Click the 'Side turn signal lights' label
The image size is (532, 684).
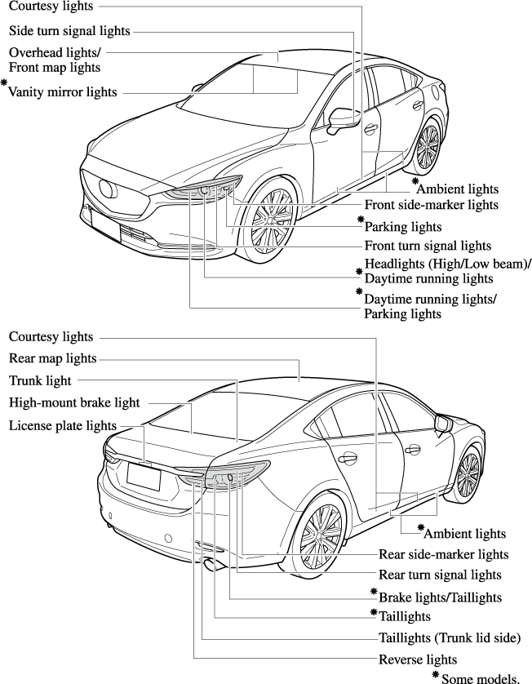click(69, 31)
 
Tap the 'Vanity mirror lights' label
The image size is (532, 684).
click(63, 92)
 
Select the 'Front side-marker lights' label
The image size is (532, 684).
click(431, 205)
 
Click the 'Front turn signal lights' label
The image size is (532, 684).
click(428, 245)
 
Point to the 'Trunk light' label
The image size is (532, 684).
click(40, 380)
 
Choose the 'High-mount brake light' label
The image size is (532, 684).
click(74, 402)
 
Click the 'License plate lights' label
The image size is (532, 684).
click(63, 425)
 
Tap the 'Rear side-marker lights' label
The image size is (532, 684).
click(443, 554)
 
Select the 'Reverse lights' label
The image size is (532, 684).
click(418, 659)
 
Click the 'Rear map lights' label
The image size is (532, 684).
click(52, 358)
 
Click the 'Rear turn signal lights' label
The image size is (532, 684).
click(440, 575)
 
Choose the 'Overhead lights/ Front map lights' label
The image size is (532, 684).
click(54, 60)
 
